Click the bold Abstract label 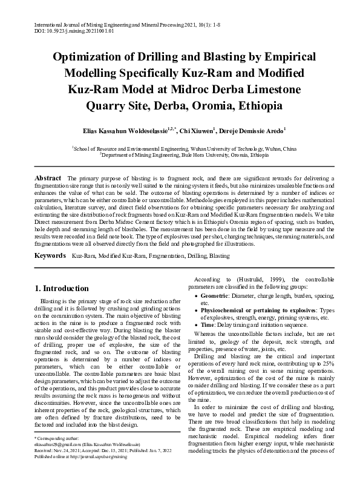pos(48,178)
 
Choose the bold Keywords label pos(50,240)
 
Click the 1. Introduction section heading pos(63,288)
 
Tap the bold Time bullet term pos(207,324)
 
